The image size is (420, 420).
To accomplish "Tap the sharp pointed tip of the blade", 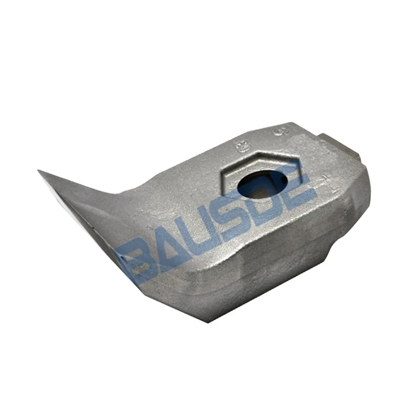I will click(39, 171).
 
